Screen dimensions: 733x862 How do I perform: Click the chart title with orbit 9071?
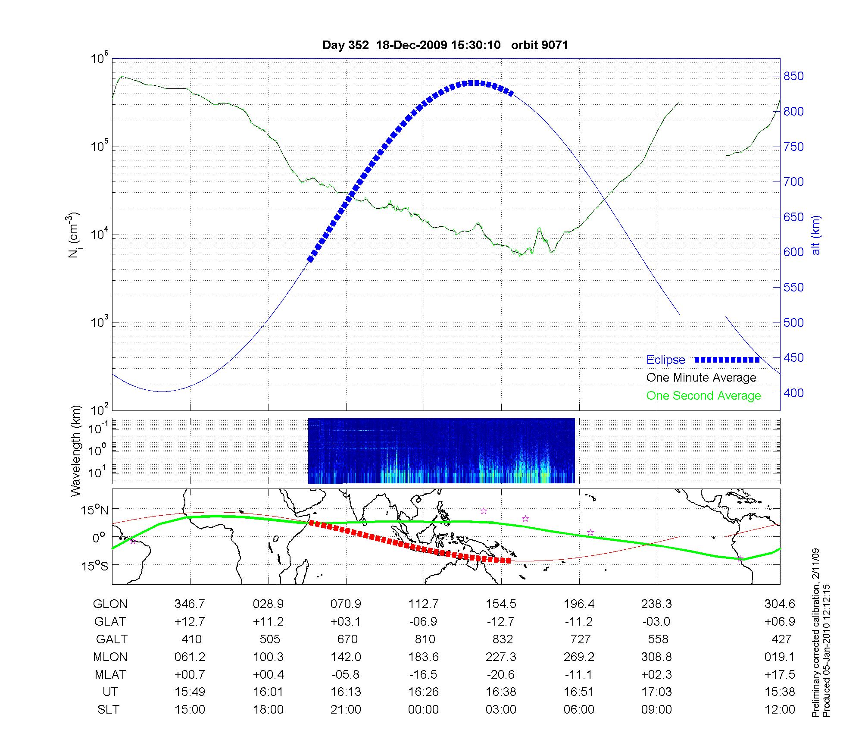pyautogui.click(x=445, y=45)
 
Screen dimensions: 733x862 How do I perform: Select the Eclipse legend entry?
pyautogui.click(x=665, y=360)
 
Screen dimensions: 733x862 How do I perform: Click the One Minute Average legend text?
pyautogui.click(x=701, y=378)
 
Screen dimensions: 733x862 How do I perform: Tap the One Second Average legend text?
pyautogui.click(x=703, y=396)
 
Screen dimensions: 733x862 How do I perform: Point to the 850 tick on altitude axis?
pyautogui.click(x=793, y=76)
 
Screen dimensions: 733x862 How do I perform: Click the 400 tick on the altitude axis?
pyautogui.click(x=793, y=393)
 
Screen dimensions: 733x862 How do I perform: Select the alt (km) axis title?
pyautogui.click(x=816, y=235)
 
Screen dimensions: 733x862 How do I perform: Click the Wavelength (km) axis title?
pyautogui.click(x=76, y=451)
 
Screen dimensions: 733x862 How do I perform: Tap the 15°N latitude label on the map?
pyautogui.click(x=94, y=511)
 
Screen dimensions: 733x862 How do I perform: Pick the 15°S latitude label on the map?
pyautogui.click(x=94, y=566)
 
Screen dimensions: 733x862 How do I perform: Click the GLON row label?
pyautogui.click(x=110, y=604)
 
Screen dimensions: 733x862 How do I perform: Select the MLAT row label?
pyautogui.click(x=110, y=674)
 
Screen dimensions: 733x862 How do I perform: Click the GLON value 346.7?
pyautogui.click(x=190, y=604)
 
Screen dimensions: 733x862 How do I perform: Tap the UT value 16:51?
pyautogui.click(x=579, y=692)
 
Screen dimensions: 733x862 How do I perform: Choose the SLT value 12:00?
pyautogui.click(x=780, y=710)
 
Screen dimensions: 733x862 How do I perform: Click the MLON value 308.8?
pyautogui.click(x=656, y=657)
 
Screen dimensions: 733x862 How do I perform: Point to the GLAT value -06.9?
pyautogui.click(x=423, y=621)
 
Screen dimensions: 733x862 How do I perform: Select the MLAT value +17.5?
pyautogui.click(x=780, y=674)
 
